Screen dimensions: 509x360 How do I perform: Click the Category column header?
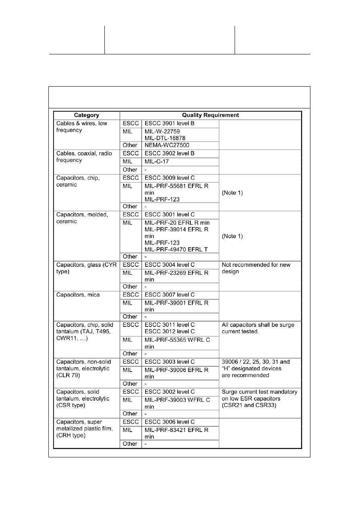click(x=87, y=115)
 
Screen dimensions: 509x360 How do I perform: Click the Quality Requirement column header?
click(x=210, y=115)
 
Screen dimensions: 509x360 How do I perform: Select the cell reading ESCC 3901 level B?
click(x=169, y=123)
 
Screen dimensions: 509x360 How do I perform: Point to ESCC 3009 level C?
click(x=169, y=178)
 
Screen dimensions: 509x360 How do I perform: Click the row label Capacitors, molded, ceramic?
click(x=82, y=218)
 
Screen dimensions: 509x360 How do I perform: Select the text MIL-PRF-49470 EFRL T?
click(x=176, y=249)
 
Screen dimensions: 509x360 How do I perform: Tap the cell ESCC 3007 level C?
click(x=169, y=295)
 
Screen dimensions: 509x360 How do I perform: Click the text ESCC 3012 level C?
click(x=169, y=331)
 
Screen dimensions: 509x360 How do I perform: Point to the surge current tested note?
click(x=258, y=328)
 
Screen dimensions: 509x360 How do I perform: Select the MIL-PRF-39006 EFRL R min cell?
click(x=176, y=373)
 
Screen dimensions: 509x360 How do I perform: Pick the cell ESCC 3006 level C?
click(x=169, y=422)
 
